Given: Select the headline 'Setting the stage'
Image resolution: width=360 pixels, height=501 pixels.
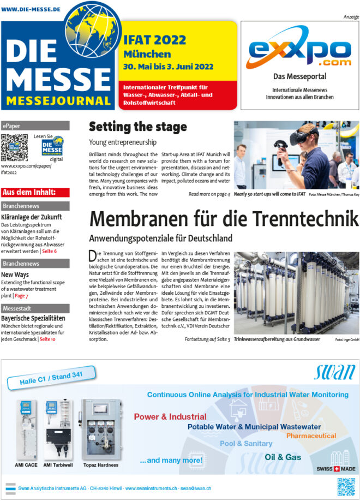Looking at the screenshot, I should (137, 127).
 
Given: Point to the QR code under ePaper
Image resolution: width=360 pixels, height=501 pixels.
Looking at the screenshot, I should (14, 147).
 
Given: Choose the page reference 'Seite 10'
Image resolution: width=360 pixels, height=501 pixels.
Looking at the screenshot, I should (47, 339).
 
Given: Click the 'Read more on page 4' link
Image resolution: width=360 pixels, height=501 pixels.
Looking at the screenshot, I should (209, 194).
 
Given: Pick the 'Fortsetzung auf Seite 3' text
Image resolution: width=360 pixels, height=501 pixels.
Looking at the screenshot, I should (207, 339).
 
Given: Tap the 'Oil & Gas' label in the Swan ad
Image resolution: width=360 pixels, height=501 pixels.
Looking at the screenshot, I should (282, 457).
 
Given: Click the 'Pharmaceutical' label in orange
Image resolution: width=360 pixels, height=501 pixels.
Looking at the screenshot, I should (311, 436).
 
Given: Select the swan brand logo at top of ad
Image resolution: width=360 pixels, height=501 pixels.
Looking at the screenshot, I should (334, 373).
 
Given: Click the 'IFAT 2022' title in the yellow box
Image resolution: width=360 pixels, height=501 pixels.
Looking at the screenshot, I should (155, 39).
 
